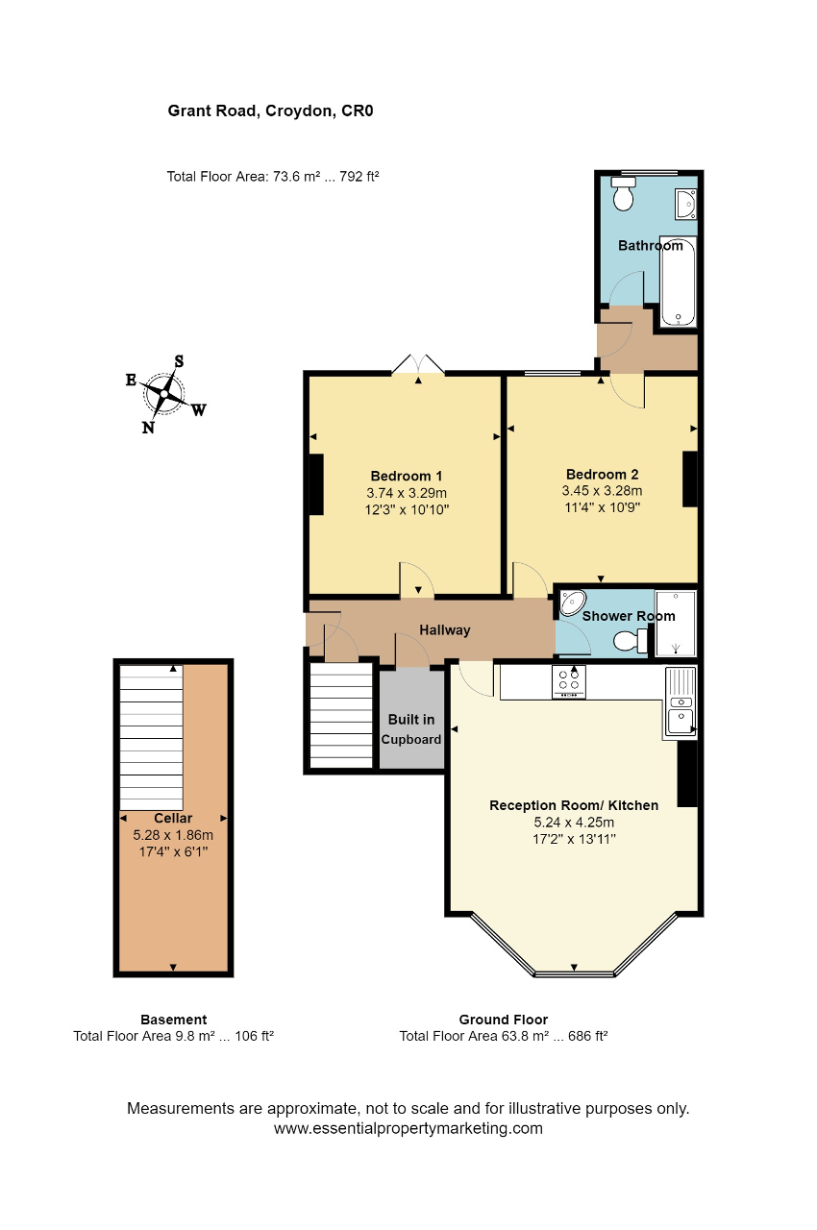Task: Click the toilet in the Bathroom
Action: [x=623, y=194]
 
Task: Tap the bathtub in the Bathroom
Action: [x=678, y=283]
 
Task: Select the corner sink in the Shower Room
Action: [x=573, y=603]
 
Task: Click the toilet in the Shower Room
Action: [x=631, y=640]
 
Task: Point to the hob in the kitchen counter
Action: [x=568, y=682]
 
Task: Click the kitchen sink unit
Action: [x=680, y=702]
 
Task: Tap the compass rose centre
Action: [x=163, y=393]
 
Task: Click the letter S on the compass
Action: [x=179, y=361]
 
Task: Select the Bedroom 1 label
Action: [x=407, y=476]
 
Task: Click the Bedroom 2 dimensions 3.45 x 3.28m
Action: [x=602, y=490]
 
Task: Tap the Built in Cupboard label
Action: [x=411, y=729]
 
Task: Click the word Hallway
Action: [x=445, y=629]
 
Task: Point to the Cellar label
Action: [x=173, y=818]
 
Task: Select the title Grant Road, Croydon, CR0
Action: [x=271, y=111]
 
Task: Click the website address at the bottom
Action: [x=408, y=1128]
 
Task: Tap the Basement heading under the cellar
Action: [x=174, y=1020]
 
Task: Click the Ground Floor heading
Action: [x=504, y=1020]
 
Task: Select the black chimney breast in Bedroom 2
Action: [x=690, y=479]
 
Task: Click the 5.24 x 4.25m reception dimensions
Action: [x=574, y=822]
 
